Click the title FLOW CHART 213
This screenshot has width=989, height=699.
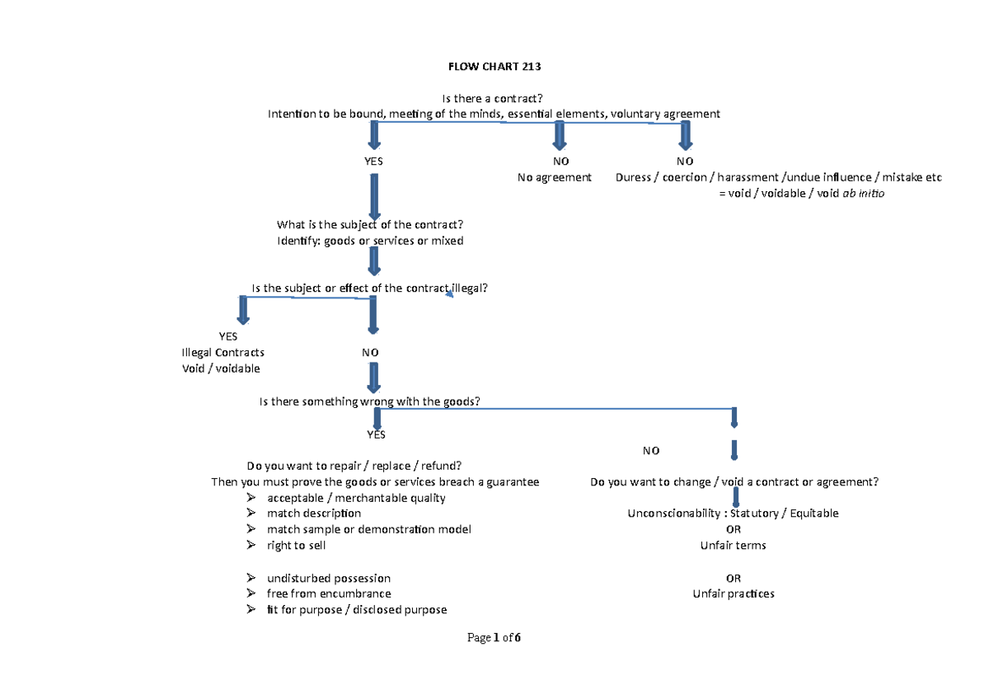(x=494, y=66)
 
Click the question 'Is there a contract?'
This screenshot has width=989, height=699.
(x=493, y=99)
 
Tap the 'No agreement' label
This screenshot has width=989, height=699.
(x=554, y=177)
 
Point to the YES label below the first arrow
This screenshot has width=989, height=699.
(x=373, y=162)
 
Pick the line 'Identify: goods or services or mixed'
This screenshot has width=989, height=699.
(x=370, y=241)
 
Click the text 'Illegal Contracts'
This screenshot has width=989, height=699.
(x=223, y=352)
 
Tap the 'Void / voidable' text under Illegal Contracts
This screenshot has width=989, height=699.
(x=221, y=368)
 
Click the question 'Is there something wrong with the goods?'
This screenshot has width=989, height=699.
(x=369, y=401)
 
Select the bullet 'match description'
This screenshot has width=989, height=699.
(x=313, y=514)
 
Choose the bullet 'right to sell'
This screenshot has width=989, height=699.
(x=290, y=546)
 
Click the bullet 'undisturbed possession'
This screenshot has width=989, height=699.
(x=328, y=579)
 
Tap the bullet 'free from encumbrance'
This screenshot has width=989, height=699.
(x=328, y=593)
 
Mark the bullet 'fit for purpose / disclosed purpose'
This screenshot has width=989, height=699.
(x=356, y=610)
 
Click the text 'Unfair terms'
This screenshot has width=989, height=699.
(x=733, y=546)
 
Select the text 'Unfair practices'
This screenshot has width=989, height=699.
(x=733, y=593)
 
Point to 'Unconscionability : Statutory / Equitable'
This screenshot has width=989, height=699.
(x=733, y=514)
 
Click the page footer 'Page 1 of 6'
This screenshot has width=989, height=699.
(x=494, y=637)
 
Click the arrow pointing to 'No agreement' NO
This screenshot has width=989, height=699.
(x=560, y=135)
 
